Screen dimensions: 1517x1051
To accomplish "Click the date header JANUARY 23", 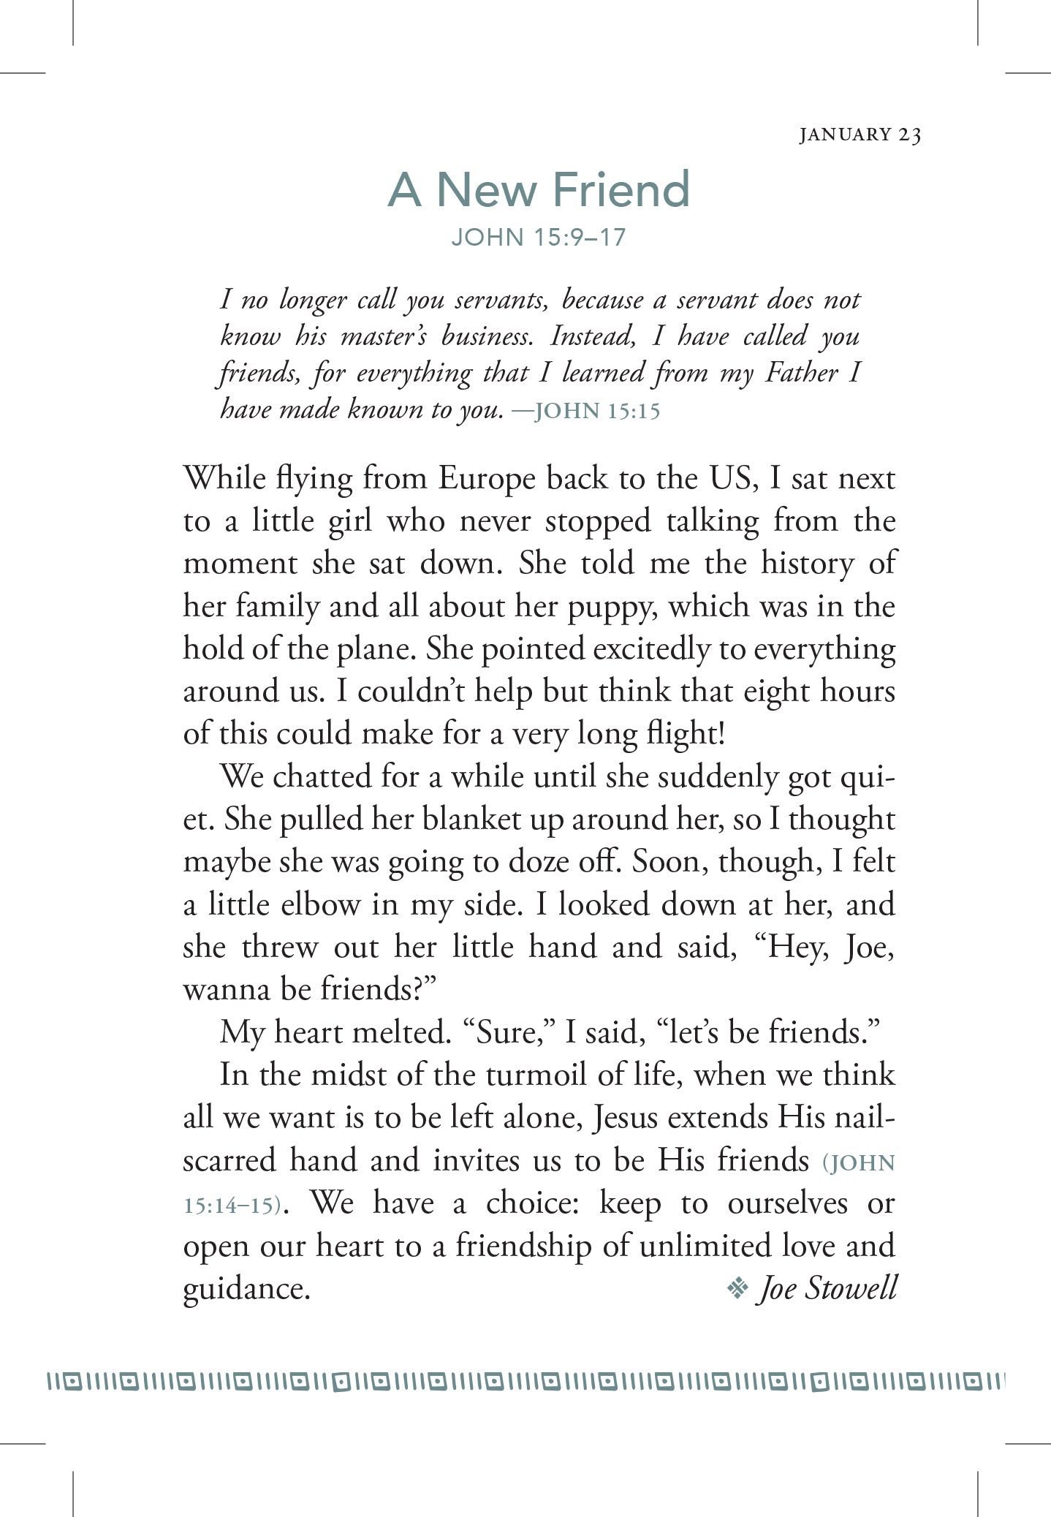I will pos(860,135).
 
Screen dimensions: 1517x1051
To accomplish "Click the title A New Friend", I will pos(539,189).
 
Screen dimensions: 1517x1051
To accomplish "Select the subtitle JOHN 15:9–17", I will pos(539,238).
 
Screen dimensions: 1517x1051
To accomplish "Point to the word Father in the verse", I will pos(801,373).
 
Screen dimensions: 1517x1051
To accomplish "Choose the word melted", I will pos(399,1032).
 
